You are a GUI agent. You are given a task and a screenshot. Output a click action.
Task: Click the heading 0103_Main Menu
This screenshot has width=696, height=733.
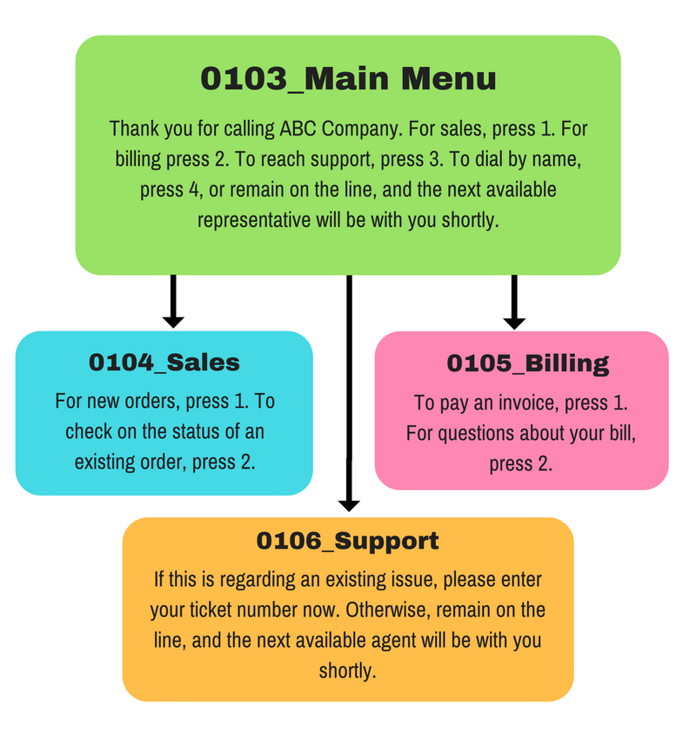click(x=348, y=78)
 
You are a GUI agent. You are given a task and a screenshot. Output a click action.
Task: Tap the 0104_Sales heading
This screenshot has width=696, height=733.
click(x=164, y=363)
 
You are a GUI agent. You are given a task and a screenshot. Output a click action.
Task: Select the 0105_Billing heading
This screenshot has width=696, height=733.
click(x=527, y=363)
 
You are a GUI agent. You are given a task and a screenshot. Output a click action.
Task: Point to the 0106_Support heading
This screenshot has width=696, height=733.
click(x=347, y=542)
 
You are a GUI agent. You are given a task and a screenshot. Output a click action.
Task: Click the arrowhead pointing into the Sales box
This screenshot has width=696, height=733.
click(x=173, y=322)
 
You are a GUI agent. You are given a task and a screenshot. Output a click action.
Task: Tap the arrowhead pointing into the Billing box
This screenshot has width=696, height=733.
click(x=514, y=323)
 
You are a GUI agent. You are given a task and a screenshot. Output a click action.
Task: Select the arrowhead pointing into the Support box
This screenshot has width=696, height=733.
click(x=349, y=506)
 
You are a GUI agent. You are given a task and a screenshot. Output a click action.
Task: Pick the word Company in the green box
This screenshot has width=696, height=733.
click(x=362, y=130)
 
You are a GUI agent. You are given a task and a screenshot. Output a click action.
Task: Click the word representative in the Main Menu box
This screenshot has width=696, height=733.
click(x=254, y=220)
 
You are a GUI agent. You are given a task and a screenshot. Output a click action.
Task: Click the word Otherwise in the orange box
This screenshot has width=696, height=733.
click(x=388, y=610)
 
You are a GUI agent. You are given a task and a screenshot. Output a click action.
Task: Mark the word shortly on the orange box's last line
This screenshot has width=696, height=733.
click(x=347, y=670)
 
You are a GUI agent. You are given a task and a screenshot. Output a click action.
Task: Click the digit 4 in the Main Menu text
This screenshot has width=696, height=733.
click(x=194, y=190)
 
